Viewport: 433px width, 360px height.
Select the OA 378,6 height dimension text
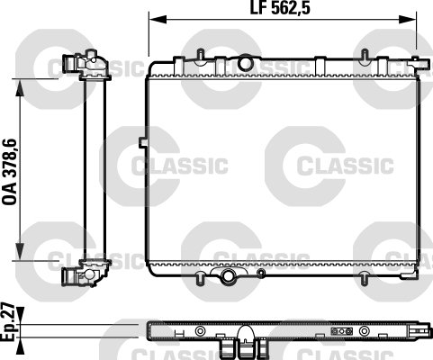click(x=10, y=170)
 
